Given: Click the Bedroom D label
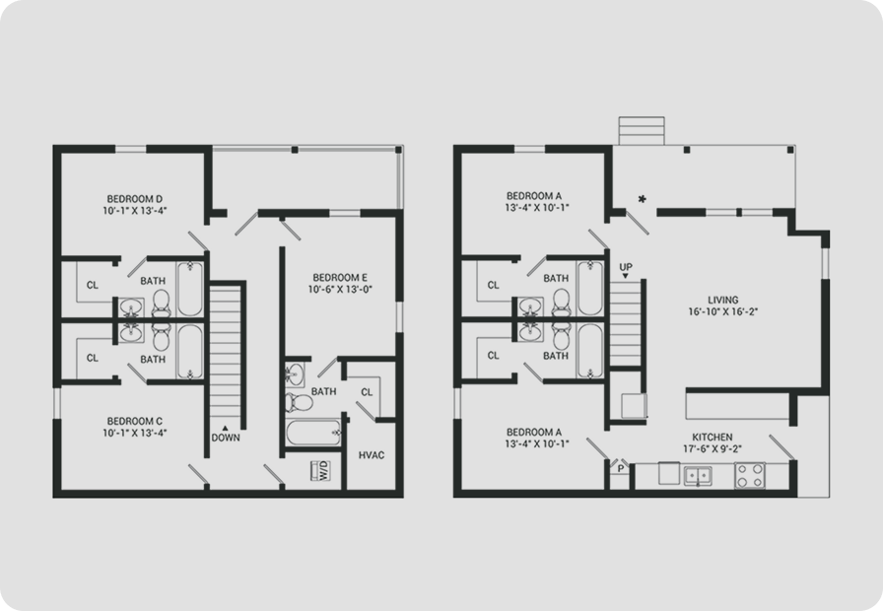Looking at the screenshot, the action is pos(135,199).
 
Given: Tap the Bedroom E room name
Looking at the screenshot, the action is pos(340,278).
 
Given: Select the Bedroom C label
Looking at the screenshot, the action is pos(135,421).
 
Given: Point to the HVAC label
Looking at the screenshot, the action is pos(372,455).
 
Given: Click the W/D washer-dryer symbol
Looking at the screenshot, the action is pos(321,471).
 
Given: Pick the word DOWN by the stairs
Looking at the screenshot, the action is pos(226,438).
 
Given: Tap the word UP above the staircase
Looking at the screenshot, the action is pos(626,267).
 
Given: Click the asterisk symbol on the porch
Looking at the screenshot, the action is pos(642,199).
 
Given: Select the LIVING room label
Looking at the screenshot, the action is pos(723,301).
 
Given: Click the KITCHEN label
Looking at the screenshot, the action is pos(713,437).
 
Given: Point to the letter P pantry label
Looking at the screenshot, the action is pos(621,468).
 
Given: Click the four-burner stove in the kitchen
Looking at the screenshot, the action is pos(750,475).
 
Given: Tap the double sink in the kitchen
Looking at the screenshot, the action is pos(698,476).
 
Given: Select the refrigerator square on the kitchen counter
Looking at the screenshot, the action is pos(669,473).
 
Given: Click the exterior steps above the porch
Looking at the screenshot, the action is pos(642,131).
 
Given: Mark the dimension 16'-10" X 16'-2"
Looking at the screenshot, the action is pos(723,312).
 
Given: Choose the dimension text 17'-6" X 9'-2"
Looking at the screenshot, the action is pos(713,448).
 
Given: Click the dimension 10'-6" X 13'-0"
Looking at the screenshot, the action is pos(340,290).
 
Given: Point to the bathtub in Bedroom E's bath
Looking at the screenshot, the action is pos(314,433).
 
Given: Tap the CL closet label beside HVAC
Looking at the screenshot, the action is pos(367,392).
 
